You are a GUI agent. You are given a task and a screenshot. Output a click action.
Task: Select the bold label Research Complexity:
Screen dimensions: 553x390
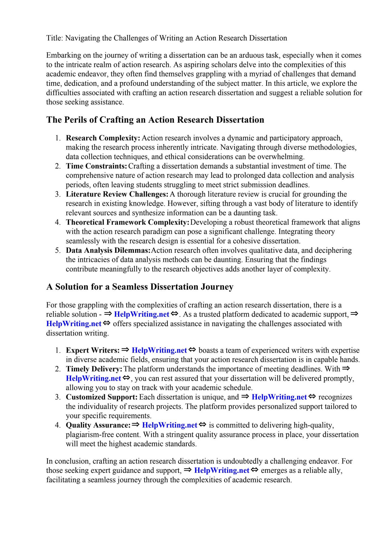click(103, 138)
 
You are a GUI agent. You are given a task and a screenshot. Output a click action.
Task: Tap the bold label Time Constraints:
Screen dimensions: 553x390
click(96, 166)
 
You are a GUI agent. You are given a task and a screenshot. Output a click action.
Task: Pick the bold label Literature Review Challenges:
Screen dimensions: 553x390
click(117, 194)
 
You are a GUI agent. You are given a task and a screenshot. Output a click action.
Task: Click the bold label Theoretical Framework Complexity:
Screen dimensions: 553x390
click(127, 222)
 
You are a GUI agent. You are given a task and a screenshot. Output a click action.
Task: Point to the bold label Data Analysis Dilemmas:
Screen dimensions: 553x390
click(108, 250)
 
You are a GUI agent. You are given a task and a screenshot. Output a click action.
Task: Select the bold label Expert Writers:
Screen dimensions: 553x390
click(93, 350)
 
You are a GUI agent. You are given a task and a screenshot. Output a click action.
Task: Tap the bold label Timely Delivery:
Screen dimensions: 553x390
click(94, 369)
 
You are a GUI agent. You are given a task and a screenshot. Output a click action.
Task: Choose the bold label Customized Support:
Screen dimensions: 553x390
click(102, 397)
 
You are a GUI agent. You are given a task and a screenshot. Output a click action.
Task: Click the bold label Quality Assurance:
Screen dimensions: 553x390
click(98, 425)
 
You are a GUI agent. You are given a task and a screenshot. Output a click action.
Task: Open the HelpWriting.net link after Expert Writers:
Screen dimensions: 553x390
click(159, 350)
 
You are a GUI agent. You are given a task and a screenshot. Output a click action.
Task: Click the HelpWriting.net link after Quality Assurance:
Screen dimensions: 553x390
click(170, 425)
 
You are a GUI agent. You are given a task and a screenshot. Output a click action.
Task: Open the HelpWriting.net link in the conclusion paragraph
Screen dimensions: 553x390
click(222, 470)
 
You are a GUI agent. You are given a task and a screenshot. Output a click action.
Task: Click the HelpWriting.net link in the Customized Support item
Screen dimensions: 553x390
click(279, 397)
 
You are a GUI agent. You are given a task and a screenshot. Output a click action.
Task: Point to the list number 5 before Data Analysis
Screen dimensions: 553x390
click(57, 250)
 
